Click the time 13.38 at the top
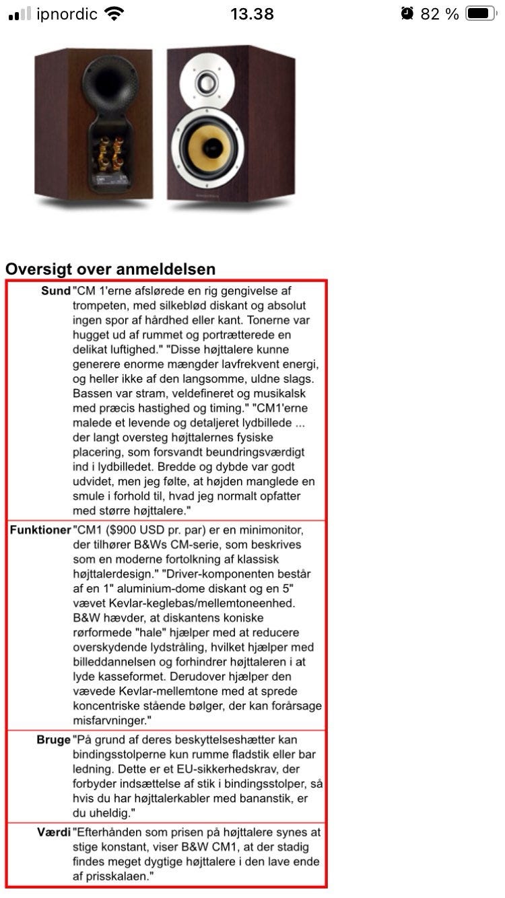[x=252, y=13]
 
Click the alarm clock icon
[x=407, y=13]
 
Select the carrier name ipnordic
[x=67, y=13]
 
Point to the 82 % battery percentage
[x=440, y=13]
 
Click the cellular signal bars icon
[x=20, y=14]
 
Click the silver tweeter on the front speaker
[x=209, y=83]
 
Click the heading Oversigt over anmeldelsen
[x=110, y=269]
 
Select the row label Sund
[x=56, y=291]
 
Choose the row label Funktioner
[x=40, y=530]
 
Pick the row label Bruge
[x=53, y=740]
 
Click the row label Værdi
[x=54, y=833]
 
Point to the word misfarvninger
[x=110, y=720]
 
